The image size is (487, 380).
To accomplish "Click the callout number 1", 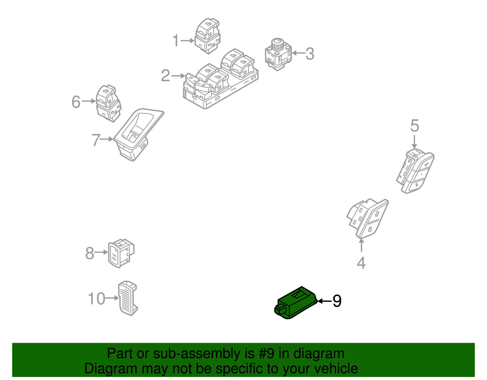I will click(x=176, y=40).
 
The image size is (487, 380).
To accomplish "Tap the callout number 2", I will click(x=165, y=75).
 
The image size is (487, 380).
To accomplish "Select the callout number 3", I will click(x=310, y=54).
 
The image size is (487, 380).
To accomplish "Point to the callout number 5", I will click(x=415, y=126).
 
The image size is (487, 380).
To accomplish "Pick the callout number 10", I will click(x=96, y=298).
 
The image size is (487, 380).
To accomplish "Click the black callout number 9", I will click(x=337, y=301).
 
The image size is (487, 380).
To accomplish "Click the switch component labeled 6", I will click(x=108, y=103).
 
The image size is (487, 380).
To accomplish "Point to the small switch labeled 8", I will click(x=121, y=253).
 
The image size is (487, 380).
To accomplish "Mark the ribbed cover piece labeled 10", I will click(x=128, y=298).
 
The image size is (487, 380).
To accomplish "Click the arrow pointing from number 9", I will click(x=324, y=301).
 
